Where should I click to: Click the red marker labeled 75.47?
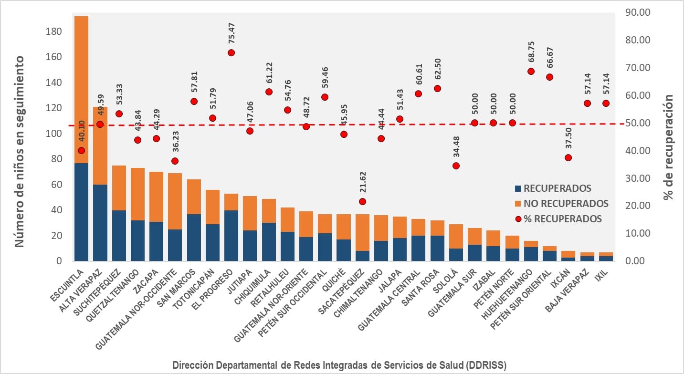pyautogui.click(x=232, y=52)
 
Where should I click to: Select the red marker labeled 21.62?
pyautogui.click(x=362, y=201)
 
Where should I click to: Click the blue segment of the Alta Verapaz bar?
pyautogui.click(x=100, y=222)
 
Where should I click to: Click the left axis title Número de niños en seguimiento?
pyautogui.click(x=19, y=151)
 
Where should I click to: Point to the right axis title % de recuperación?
pyautogui.click(x=669, y=146)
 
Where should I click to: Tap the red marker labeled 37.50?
pyautogui.click(x=568, y=157)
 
